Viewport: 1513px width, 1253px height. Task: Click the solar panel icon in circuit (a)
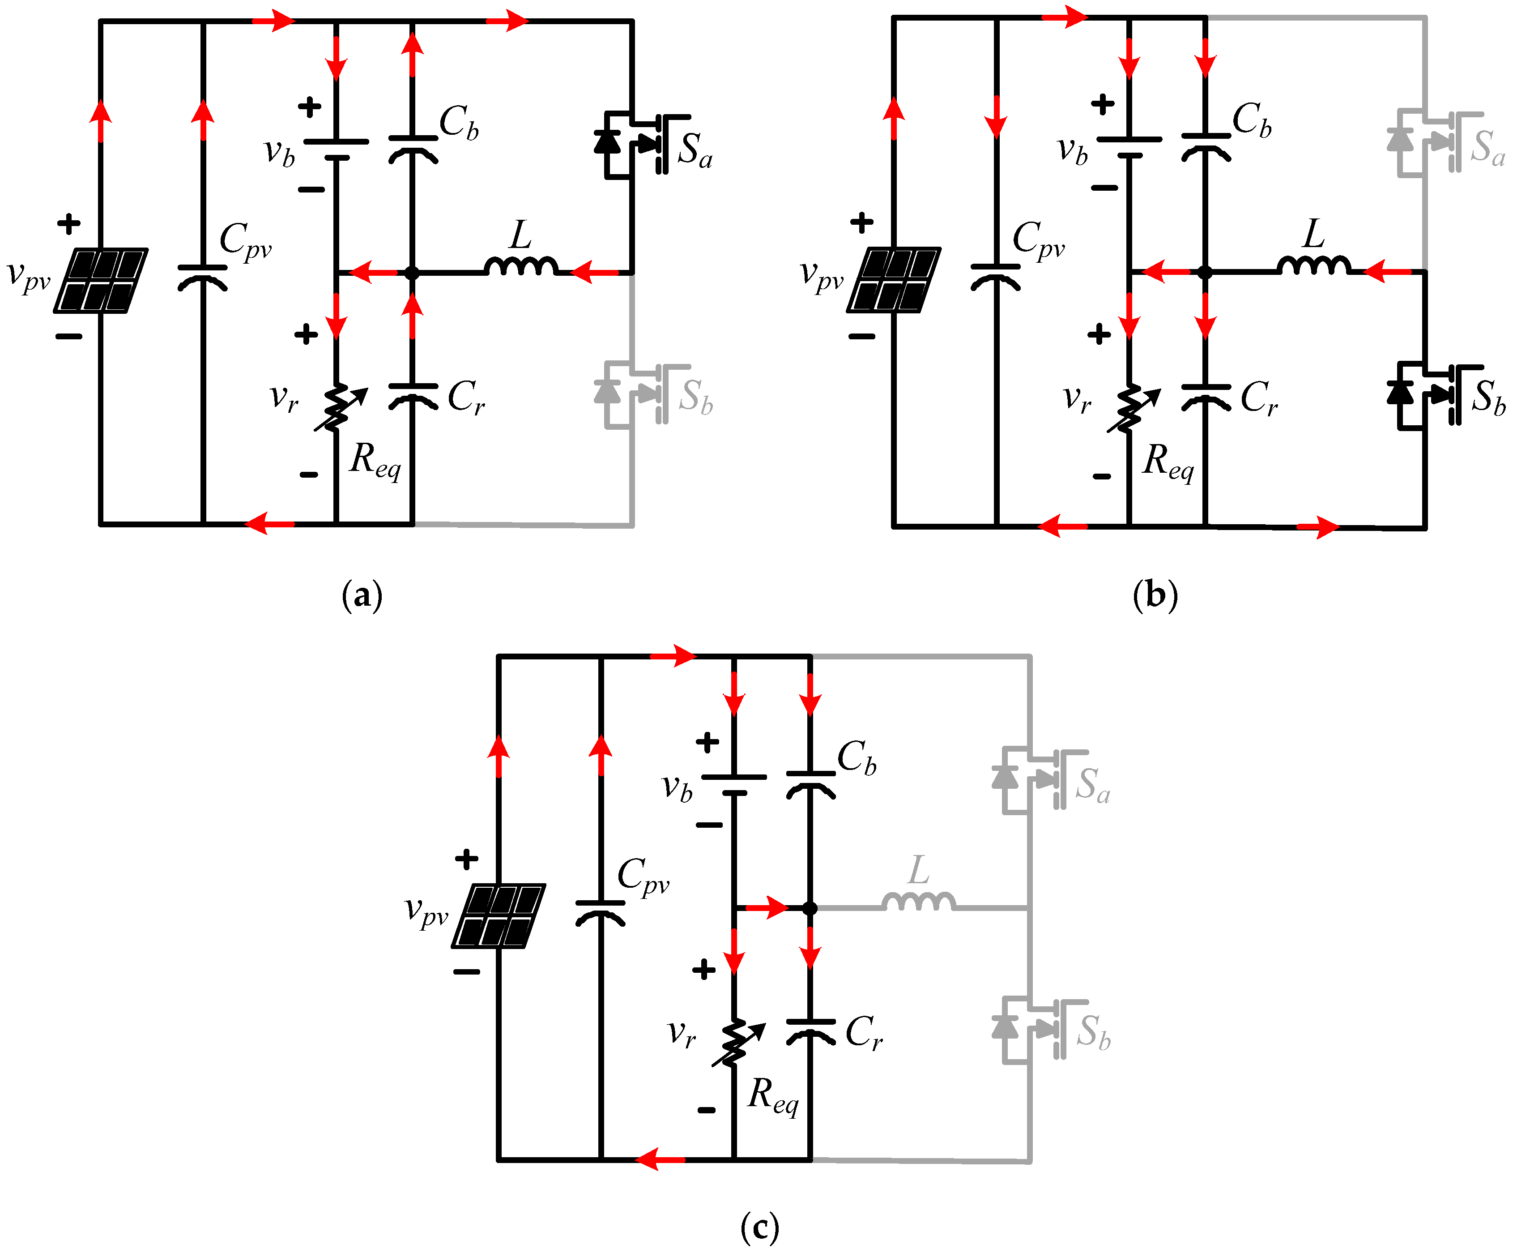pyautogui.click(x=101, y=280)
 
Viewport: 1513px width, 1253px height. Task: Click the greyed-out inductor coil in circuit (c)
pyautogui.click(x=919, y=902)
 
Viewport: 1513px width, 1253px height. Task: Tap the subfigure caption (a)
pyautogui.click(x=362, y=595)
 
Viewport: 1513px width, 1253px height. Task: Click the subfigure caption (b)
pyautogui.click(x=1155, y=595)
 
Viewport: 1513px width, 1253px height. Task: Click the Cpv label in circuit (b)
pyautogui.click(x=1037, y=240)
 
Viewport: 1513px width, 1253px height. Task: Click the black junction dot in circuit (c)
pyautogui.click(x=810, y=908)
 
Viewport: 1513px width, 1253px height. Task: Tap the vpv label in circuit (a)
pyautogui.click(x=29, y=277)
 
